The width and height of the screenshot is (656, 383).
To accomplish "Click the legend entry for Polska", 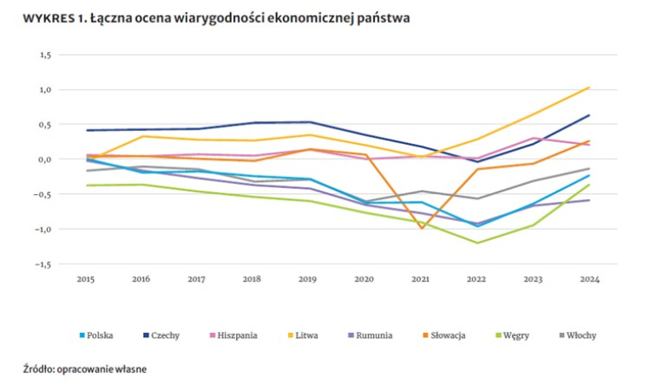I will tap(101, 335).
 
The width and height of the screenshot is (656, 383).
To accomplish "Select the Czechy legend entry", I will tap(164, 335).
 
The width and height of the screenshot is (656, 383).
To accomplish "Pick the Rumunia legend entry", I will tap(373, 335).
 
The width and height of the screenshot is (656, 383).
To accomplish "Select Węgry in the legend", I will tap(516, 335).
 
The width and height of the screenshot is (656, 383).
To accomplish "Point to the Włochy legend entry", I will tap(579, 335).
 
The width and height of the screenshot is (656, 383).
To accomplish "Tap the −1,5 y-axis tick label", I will tap(43, 265).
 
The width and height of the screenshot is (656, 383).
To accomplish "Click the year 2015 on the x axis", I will tap(85, 278).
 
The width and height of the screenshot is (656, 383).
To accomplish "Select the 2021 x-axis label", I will tap(421, 278).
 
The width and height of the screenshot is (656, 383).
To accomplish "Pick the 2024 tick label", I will tap(589, 278).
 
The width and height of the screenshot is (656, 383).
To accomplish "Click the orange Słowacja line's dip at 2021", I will tap(421, 228).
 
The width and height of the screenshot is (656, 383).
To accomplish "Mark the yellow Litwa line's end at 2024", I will tap(589, 87).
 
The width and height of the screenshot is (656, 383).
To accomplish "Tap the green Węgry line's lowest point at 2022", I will tap(477, 243).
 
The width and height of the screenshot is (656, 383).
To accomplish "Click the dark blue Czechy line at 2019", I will tap(309, 122).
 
